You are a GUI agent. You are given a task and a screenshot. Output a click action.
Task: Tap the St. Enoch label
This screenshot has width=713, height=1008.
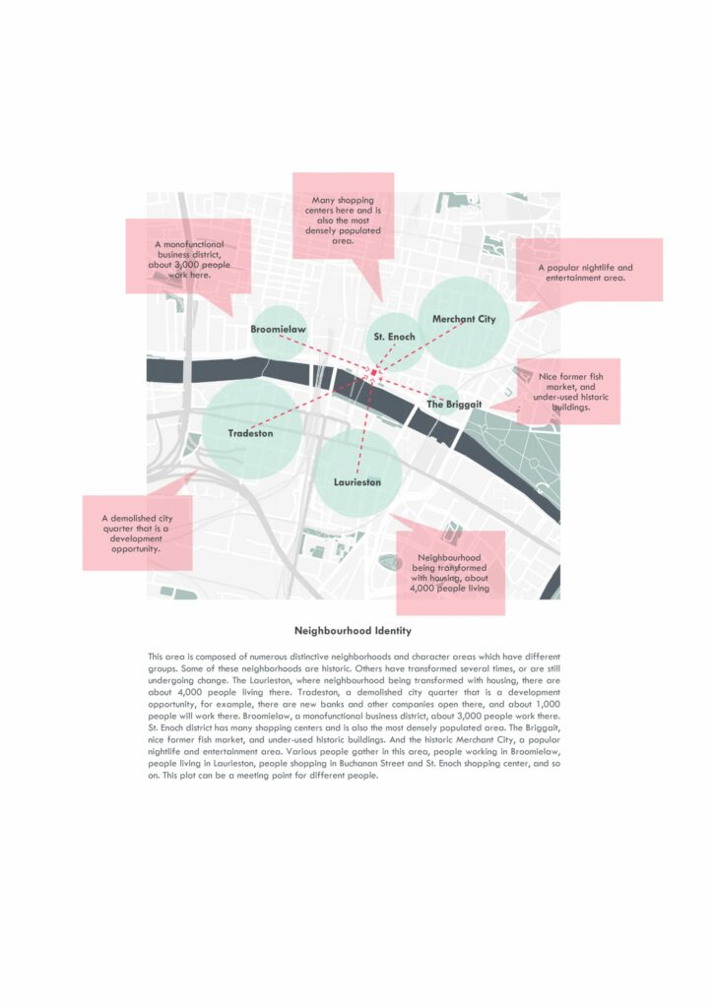394,337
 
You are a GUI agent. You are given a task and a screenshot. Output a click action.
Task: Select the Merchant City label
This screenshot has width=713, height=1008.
464,319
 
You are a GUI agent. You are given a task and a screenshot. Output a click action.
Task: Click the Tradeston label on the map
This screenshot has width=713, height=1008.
250,433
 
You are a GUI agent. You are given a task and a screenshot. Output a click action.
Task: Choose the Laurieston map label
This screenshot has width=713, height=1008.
357,482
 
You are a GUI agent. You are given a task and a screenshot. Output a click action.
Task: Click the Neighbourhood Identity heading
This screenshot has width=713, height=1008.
354,630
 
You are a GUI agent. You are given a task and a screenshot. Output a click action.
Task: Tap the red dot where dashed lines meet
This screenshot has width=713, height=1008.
374,372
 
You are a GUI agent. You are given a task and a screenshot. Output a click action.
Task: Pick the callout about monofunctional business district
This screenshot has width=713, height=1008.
189,258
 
